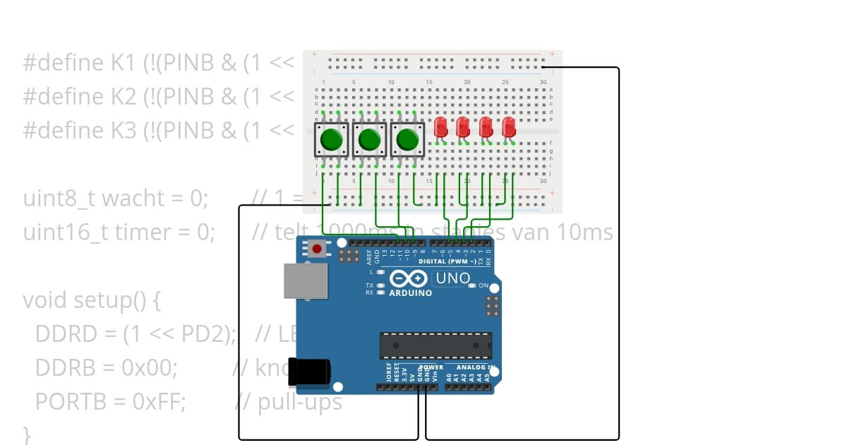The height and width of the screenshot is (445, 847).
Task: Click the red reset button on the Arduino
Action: pyautogui.click(x=318, y=249)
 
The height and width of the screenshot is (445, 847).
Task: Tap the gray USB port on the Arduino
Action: pyautogui.click(x=306, y=281)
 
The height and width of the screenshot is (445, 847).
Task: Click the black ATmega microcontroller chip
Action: pyautogui.click(x=435, y=345)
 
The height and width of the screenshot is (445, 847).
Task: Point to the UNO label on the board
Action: pyautogui.click(x=452, y=278)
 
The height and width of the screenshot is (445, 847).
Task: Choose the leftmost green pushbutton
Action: pyautogui.click(x=330, y=140)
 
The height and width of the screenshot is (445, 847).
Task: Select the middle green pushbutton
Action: pyautogui.click(x=368, y=140)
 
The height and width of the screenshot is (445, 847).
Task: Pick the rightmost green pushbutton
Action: pyautogui.click(x=407, y=140)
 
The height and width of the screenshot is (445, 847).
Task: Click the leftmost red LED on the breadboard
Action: pyautogui.click(x=440, y=127)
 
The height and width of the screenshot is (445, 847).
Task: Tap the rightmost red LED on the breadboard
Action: pyautogui.click(x=509, y=127)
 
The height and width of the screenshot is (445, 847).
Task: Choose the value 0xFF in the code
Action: pyautogui.click(x=159, y=402)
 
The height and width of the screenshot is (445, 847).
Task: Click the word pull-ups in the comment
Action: pyautogui.click(x=300, y=402)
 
